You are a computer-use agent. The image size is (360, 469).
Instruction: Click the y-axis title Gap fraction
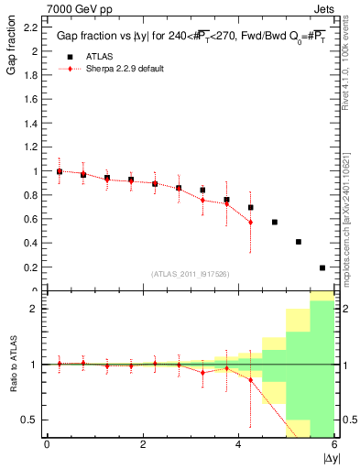click(x=12, y=50)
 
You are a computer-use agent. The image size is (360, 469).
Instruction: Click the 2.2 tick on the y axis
click(x=30, y=27)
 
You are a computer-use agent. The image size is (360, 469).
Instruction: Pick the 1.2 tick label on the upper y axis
click(x=30, y=147)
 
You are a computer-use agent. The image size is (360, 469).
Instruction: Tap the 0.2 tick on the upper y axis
click(x=30, y=267)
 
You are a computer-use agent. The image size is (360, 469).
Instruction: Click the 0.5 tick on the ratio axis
click(x=30, y=420)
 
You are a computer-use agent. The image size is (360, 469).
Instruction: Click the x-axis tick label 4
click(x=239, y=444)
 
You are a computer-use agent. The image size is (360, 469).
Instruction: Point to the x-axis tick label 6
click(x=334, y=444)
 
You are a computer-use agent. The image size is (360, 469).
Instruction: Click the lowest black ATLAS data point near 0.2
click(x=322, y=267)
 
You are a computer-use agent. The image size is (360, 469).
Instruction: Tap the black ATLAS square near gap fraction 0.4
click(x=299, y=242)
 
